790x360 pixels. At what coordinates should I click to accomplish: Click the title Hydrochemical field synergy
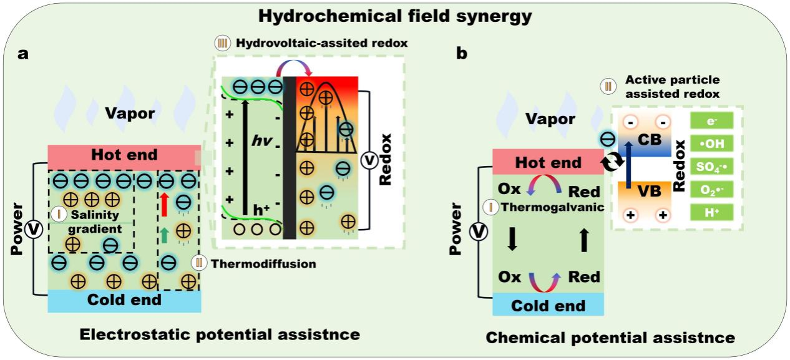pos(394,16)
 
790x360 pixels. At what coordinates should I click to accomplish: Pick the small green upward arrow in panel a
pos(163,235)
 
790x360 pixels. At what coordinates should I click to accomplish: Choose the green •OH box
pos(711,143)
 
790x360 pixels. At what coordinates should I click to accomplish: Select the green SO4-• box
pos(711,166)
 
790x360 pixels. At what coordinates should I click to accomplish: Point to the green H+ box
pos(711,212)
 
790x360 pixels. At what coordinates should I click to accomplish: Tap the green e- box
pos(711,120)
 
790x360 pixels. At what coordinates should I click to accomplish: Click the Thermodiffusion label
pos(263,264)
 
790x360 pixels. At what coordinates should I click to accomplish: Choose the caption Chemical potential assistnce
pos(610,338)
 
